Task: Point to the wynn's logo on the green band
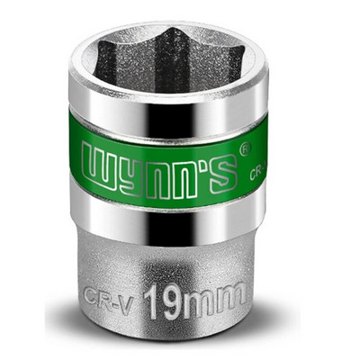coord(161,166)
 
